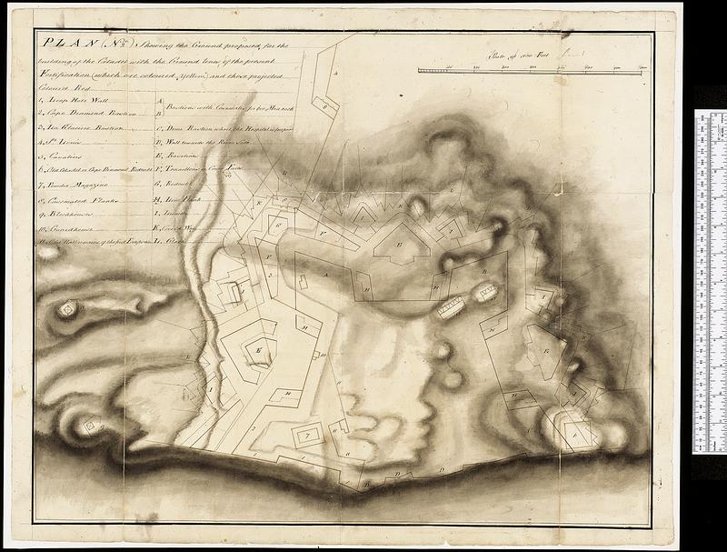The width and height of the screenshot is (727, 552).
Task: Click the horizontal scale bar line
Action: pos(532,69)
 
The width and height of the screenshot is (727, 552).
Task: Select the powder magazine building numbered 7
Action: pos(310,435)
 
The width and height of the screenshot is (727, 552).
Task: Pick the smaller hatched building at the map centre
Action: pos(486,292)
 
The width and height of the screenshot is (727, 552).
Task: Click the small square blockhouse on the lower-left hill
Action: pos(90,425)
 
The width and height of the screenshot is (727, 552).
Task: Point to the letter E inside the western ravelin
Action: pos(260,349)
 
